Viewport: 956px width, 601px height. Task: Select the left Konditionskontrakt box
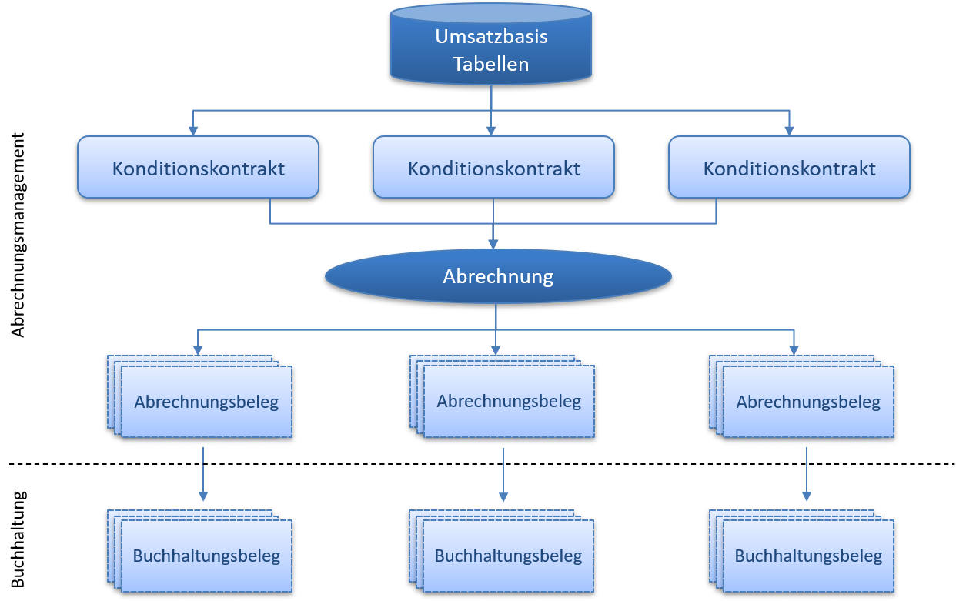pyautogui.click(x=198, y=167)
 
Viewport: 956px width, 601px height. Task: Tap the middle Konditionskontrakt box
pyautogui.click(x=493, y=167)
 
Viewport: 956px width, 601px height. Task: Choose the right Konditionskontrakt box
pyautogui.click(x=789, y=167)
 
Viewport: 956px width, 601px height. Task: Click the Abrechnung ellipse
pyautogui.click(x=498, y=276)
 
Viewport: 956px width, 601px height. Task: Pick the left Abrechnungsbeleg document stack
pyautogui.click(x=206, y=401)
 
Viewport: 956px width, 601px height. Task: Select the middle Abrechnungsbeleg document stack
pyautogui.click(x=508, y=400)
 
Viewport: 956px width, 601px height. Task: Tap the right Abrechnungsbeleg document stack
pyautogui.click(x=807, y=401)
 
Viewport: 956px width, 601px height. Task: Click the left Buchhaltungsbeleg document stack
pyautogui.click(x=206, y=555)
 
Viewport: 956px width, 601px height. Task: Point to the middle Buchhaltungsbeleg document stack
pyautogui.click(x=508, y=555)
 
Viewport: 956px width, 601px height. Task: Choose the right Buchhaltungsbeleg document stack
pyautogui.click(x=807, y=555)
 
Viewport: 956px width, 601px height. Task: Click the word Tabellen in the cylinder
pyautogui.click(x=491, y=64)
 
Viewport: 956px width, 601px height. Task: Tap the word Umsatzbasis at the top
pyautogui.click(x=491, y=36)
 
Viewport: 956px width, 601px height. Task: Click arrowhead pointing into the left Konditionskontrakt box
pyautogui.click(x=193, y=130)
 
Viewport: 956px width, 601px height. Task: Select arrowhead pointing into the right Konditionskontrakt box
pyautogui.click(x=788, y=130)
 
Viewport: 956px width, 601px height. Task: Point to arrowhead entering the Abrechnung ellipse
pyautogui.click(x=493, y=243)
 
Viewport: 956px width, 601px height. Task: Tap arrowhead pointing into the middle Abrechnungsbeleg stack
pyautogui.click(x=495, y=349)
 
